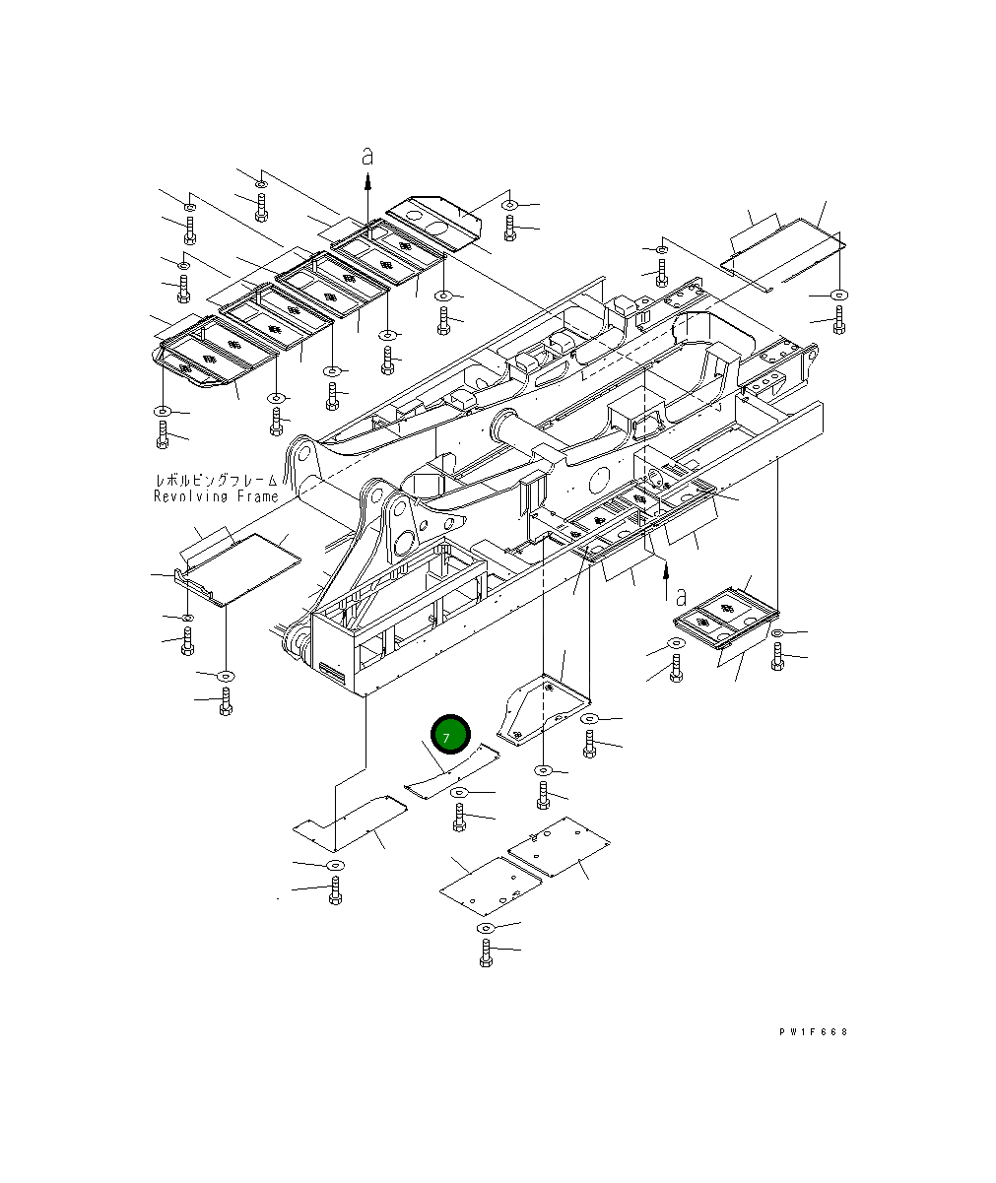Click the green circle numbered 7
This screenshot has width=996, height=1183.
click(451, 734)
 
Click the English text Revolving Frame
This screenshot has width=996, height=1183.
click(216, 496)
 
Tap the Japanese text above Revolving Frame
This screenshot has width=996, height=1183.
click(216, 480)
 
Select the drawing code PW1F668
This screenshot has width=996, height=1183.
click(812, 1032)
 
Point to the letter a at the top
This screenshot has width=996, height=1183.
click(367, 157)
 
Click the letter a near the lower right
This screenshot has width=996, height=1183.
click(682, 596)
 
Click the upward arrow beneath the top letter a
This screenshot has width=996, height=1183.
click(367, 182)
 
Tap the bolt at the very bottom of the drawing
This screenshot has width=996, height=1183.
click(486, 953)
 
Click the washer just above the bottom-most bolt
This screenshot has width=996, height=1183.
click(485, 928)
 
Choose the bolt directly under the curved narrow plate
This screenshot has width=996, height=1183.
click(459, 816)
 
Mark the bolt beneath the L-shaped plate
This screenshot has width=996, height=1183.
click(335, 890)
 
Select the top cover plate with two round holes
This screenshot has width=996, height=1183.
click(434, 218)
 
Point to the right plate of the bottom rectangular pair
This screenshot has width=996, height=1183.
click(559, 845)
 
